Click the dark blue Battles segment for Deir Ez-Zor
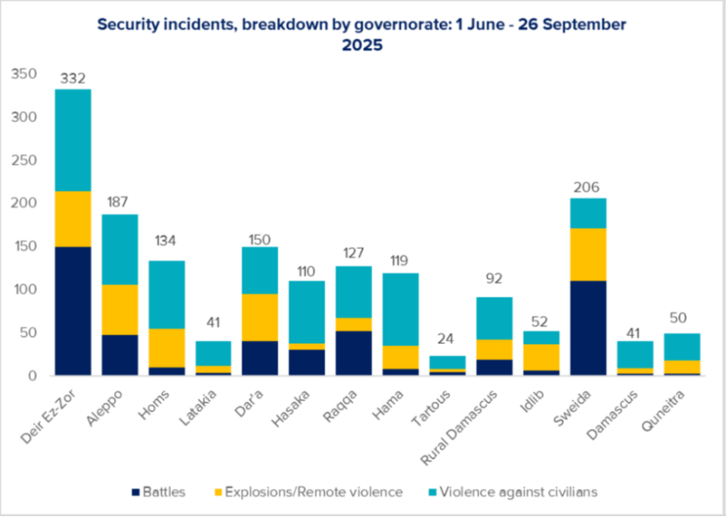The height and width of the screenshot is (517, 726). [73, 311]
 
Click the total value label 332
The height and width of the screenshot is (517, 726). [73, 79]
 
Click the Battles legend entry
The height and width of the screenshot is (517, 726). [160, 492]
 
